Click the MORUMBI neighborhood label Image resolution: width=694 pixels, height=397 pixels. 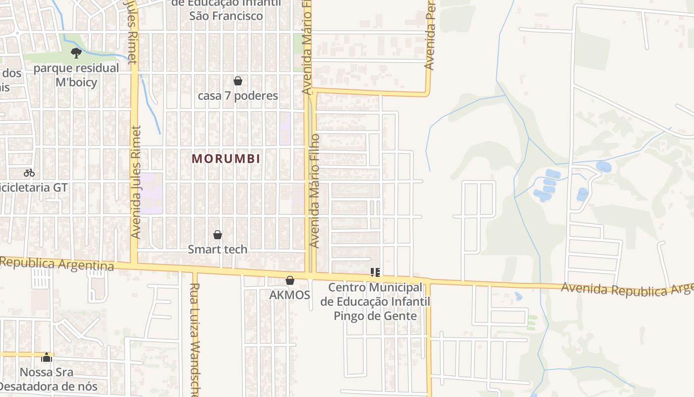(x=226, y=159)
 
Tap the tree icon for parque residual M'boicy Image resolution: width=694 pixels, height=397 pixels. (x=76, y=53)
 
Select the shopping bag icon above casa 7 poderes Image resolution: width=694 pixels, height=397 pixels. (x=238, y=81)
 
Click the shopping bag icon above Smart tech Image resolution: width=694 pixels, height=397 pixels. (x=217, y=235)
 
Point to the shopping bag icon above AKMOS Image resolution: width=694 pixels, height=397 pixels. (x=290, y=281)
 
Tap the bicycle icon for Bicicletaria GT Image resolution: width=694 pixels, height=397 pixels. (x=29, y=173)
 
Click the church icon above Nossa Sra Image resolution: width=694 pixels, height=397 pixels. (x=47, y=357)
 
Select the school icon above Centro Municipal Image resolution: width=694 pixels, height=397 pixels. (x=375, y=272)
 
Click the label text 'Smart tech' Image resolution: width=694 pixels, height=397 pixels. (x=217, y=249)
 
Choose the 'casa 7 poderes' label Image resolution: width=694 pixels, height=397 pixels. (x=238, y=95)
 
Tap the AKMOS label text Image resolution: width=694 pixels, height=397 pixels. (x=289, y=295)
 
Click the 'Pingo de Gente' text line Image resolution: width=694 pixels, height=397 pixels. (x=375, y=316)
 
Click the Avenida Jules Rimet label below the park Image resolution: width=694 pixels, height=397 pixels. (x=136, y=182)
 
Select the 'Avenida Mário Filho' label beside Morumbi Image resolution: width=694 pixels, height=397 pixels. (x=315, y=191)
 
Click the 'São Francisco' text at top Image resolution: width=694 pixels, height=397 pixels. (x=226, y=16)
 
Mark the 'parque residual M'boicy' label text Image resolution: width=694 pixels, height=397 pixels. (x=76, y=75)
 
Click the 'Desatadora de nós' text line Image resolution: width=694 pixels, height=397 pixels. (x=49, y=386)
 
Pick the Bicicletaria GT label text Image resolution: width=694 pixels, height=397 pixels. (x=33, y=188)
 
